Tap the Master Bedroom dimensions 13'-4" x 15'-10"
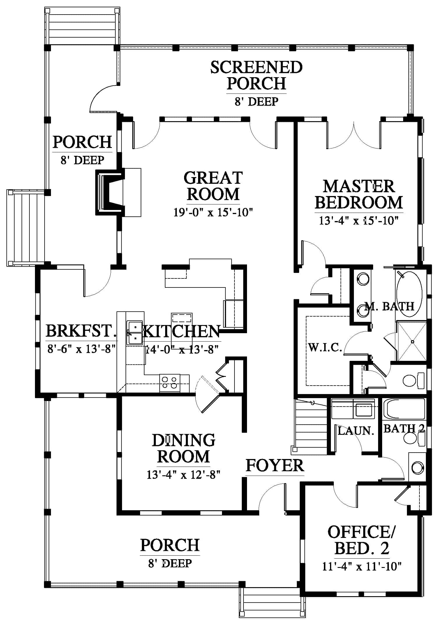[358, 220]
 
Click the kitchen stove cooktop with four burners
[170, 382]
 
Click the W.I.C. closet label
[325, 347]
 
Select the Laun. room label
[356, 430]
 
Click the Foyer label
[275, 465]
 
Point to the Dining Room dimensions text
[183, 475]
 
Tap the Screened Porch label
[256, 75]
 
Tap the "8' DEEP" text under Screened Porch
[256, 101]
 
